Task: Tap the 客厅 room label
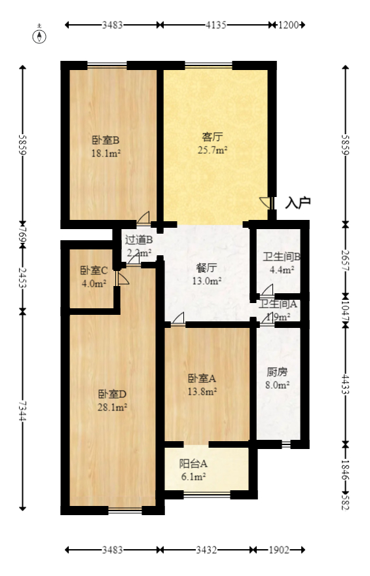[x=212, y=137]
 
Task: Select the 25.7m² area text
[x=212, y=150]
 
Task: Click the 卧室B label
[x=105, y=139]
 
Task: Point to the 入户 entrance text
[x=297, y=203]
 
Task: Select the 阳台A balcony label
[x=193, y=463]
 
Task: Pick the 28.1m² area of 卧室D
[x=112, y=406]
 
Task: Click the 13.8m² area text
[x=202, y=391]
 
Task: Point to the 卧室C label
[x=94, y=270]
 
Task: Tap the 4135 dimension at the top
[x=216, y=26]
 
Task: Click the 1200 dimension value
[x=288, y=26]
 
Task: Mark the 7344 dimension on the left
[x=24, y=410]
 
